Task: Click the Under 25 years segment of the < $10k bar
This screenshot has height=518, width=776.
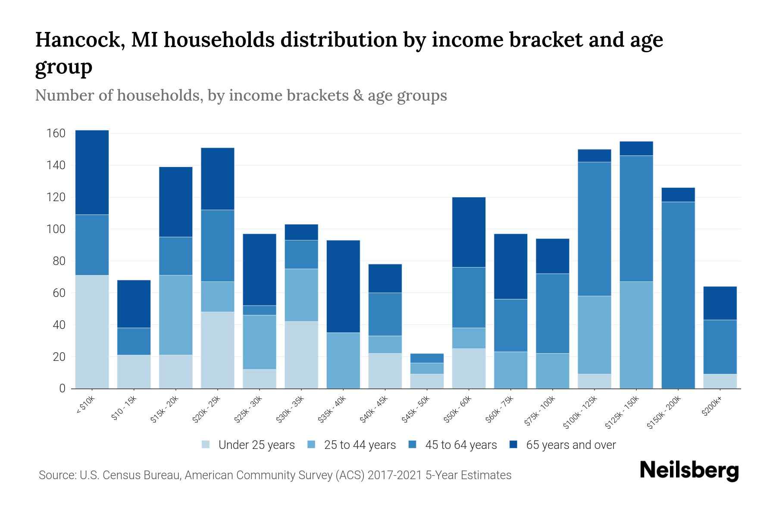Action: (92, 332)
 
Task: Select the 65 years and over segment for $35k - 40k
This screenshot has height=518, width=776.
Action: (343, 286)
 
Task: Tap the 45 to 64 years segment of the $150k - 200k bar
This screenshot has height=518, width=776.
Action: (678, 295)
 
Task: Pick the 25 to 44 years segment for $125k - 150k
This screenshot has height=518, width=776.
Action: (636, 335)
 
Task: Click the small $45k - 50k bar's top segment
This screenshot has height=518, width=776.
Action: (427, 358)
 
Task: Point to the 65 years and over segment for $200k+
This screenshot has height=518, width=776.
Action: (720, 303)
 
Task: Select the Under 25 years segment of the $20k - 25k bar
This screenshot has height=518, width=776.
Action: (218, 350)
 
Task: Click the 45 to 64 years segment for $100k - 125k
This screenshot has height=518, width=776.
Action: (595, 229)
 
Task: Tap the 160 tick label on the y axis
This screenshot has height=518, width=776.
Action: (56, 133)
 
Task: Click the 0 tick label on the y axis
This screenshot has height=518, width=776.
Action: (62, 388)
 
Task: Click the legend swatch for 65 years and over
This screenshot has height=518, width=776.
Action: (513, 445)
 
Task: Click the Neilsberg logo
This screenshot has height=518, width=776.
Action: (689, 471)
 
